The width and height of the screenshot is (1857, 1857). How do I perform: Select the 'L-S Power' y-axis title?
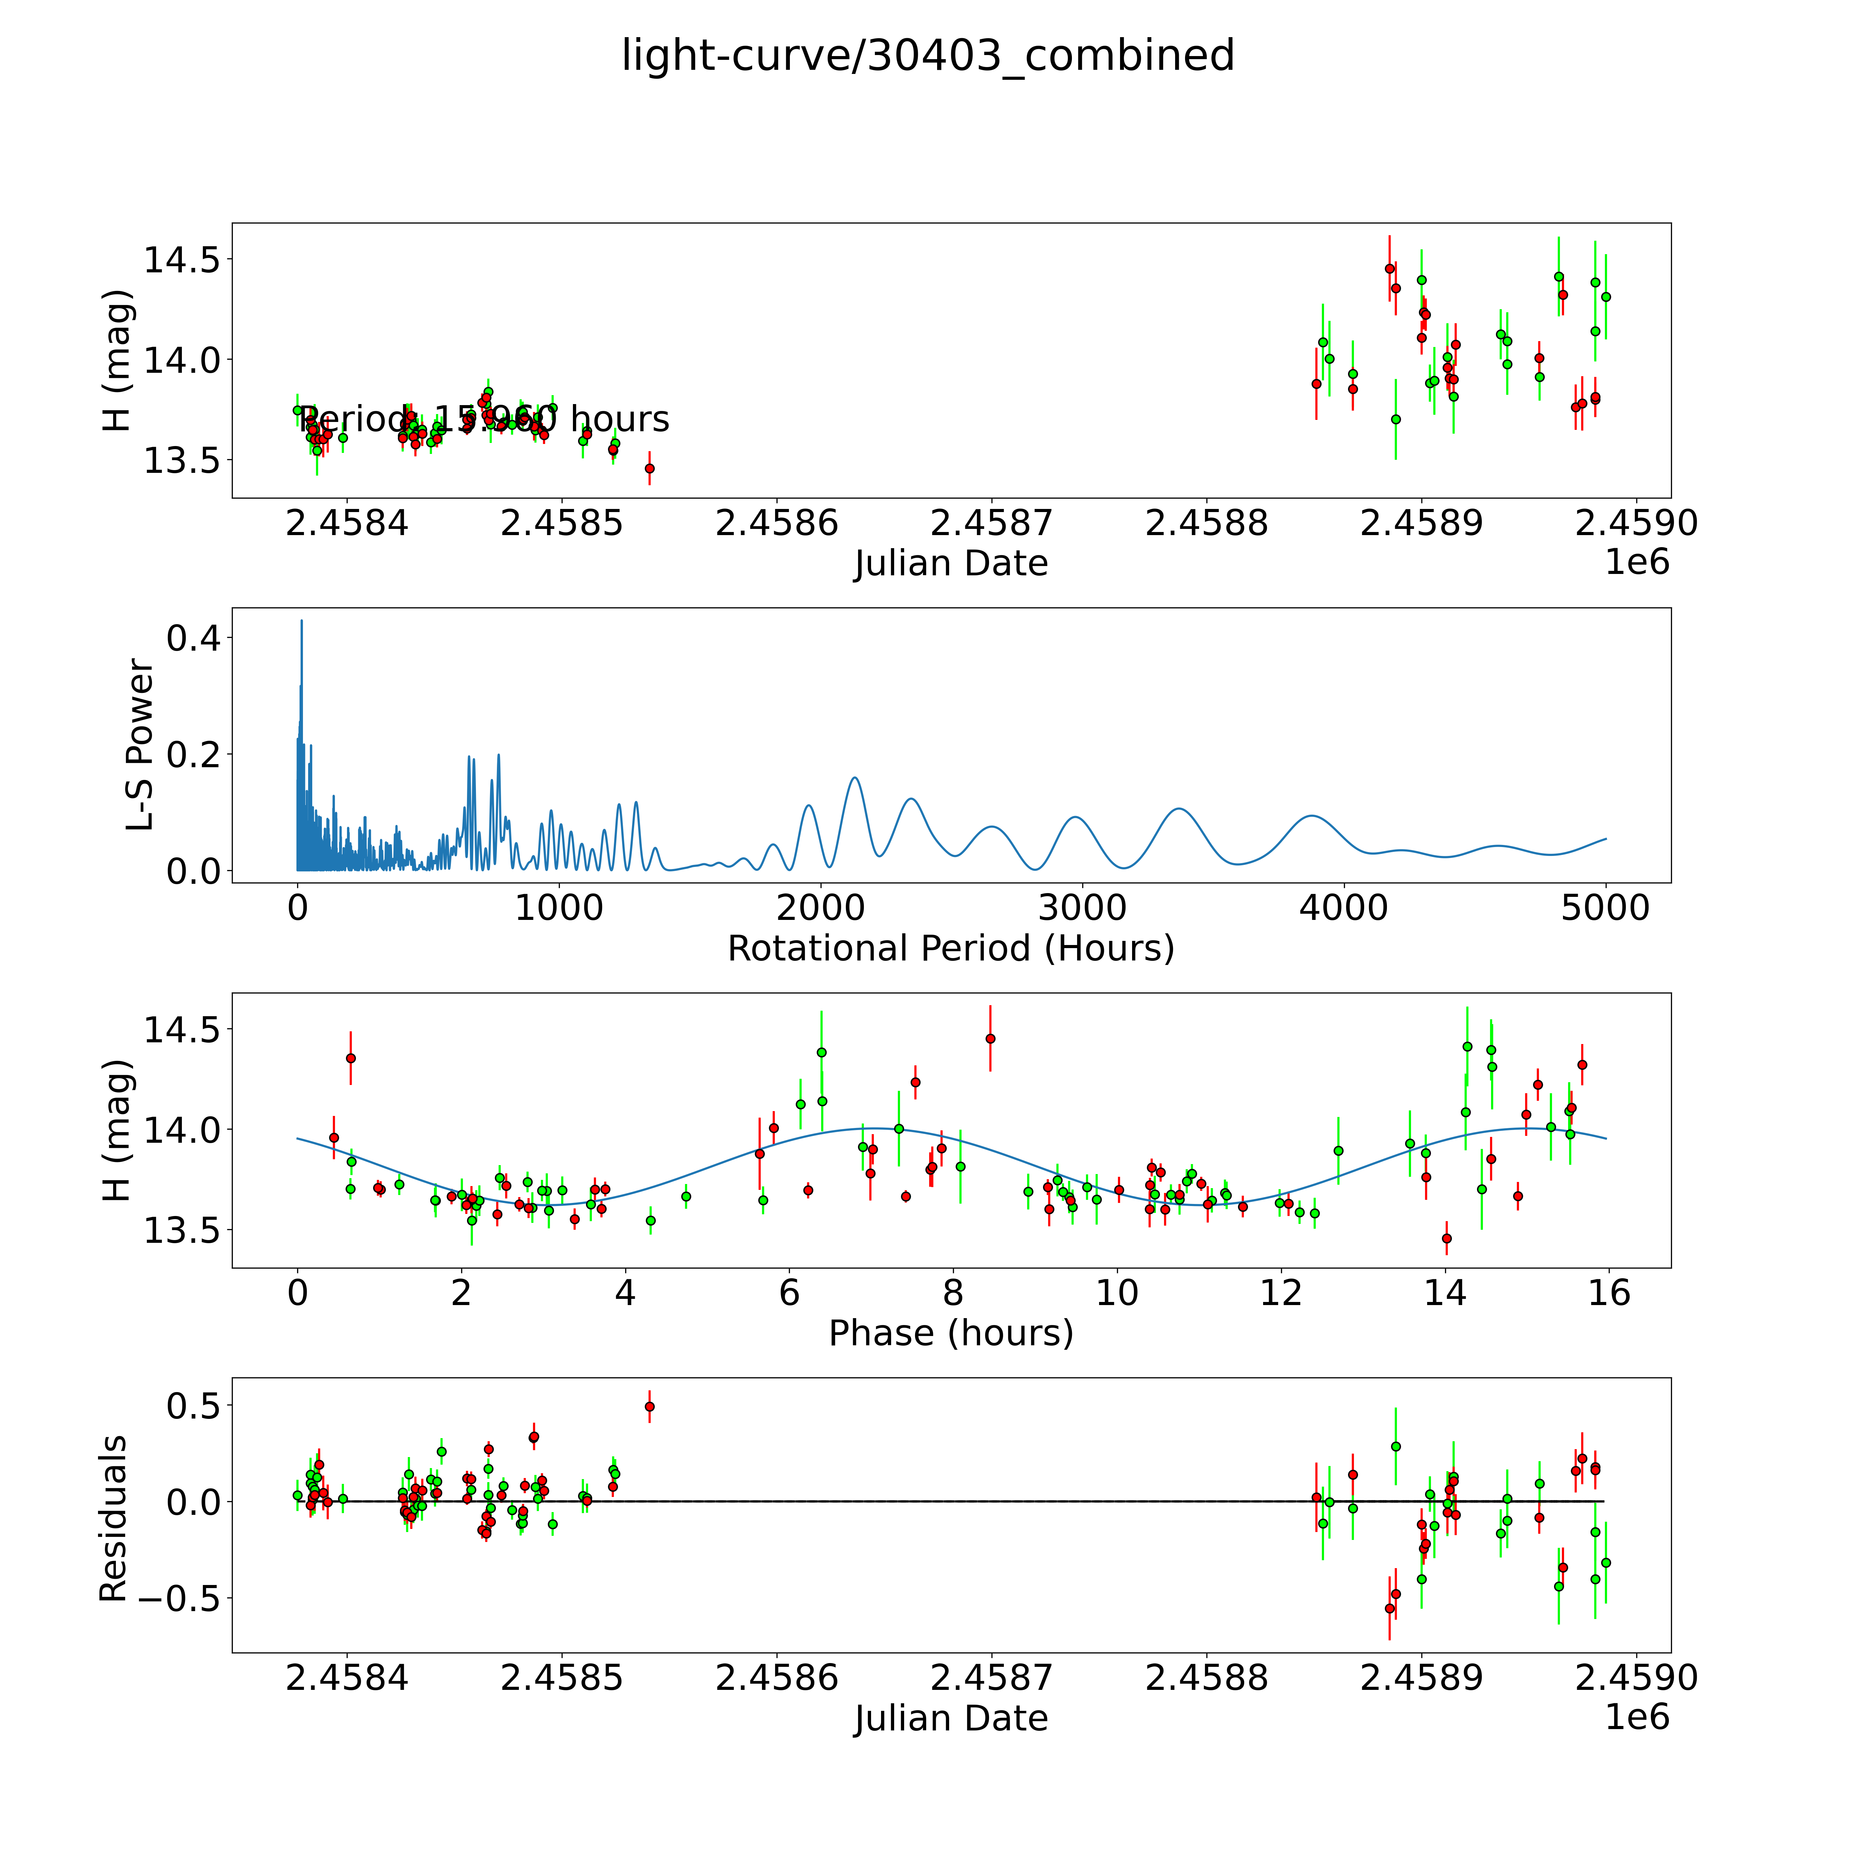pyautogui.click(x=140, y=745)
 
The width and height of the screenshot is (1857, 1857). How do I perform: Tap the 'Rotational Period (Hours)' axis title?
pyautogui.click(x=951, y=949)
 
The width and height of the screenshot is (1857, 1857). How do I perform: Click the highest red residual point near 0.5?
pyautogui.click(x=650, y=1406)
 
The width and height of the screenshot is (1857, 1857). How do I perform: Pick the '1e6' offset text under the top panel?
pyautogui.click(x=1637, y=562)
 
